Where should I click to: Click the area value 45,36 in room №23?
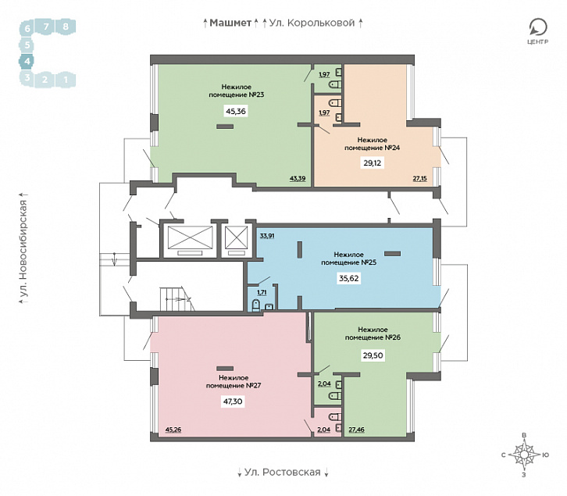coord(236,112)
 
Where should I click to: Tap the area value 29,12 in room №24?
coord(372,162)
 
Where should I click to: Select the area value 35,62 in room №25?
coord(349,278)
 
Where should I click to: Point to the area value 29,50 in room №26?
coord(373,355)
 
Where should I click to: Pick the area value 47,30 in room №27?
coord(233,401)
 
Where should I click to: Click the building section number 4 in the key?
coord(27,61)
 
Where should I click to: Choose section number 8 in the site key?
coord(66,27)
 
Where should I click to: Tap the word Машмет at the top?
coord(230,23)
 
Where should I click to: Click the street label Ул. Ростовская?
coord(283,472)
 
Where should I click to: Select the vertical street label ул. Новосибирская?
coord(23,251)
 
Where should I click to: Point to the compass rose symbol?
coord(524,455)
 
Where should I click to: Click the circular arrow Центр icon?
coord(538,27)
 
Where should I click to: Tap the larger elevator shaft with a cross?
coord(190,237)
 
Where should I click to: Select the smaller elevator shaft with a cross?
coord(236,237)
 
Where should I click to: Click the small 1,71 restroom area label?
coord(262,292)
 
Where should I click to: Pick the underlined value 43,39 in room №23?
coord(298,178)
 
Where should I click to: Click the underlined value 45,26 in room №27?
coord(173,430)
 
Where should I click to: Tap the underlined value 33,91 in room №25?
coord(267,236)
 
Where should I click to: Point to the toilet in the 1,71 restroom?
coord(255,305)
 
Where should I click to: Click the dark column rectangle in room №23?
coord(225,127)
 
